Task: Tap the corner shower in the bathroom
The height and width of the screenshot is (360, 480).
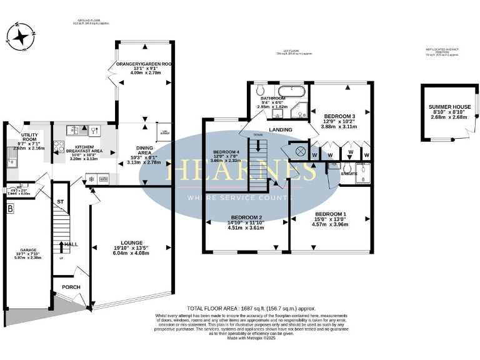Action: click(301, 113)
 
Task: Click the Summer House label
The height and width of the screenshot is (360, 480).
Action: click(447, 107)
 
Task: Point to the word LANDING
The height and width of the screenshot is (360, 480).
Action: click(281, 130)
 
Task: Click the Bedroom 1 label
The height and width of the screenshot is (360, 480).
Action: click(329, 214)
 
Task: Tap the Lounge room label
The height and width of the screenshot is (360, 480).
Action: click(132, 242)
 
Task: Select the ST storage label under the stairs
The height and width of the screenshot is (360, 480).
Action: click(60, 202)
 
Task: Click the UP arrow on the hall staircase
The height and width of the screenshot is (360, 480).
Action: click(61, 248)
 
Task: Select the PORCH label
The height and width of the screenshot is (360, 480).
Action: click(71, 287)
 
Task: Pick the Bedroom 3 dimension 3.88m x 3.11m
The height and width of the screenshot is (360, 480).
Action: click(340, 127)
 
